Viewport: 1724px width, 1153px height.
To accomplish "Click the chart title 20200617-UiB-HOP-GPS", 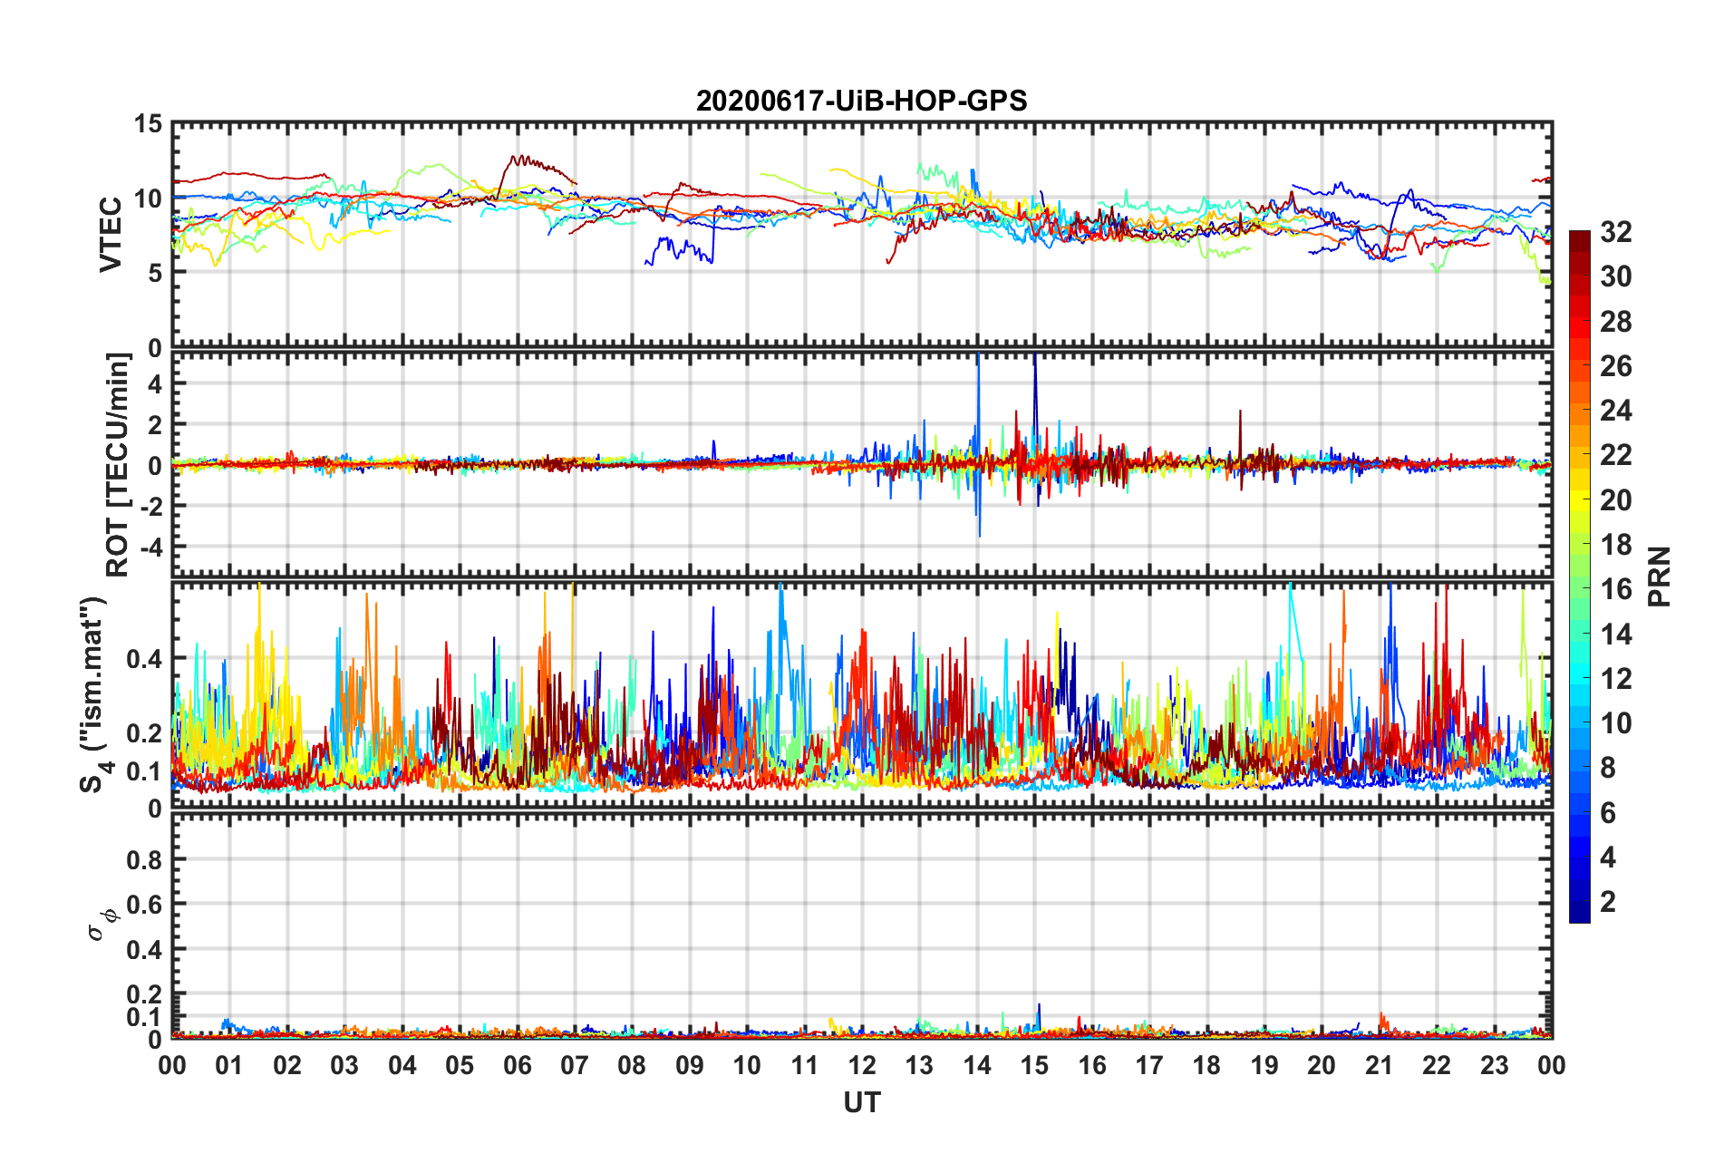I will [x=861, y=101].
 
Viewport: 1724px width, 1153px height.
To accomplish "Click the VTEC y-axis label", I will [x=111, y=234].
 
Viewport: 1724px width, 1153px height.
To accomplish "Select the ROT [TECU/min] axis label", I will [x=118, y=465].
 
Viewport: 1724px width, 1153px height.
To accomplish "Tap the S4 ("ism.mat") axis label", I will [x=93, y=694].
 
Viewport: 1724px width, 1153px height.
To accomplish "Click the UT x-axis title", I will [x=861, y=1102].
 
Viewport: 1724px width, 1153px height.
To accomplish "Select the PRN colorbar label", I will [x=1659, y=576].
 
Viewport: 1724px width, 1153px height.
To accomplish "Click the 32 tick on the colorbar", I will [x=1615, y=233].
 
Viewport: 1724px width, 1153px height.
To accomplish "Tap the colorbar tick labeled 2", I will [x=1608, y=902].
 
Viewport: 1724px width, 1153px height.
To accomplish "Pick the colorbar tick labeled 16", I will [x=1615, y=590].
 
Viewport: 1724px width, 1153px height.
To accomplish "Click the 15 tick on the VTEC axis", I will [x=148, y=124].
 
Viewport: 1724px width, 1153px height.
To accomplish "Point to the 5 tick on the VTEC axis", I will [x=155, y=273].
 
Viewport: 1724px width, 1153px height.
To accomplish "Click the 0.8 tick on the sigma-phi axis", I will [x=145, y=859].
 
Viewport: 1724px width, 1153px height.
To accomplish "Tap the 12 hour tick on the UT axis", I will [x=862, y=1065].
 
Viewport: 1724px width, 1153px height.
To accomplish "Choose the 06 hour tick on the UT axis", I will [x=518, y=1065].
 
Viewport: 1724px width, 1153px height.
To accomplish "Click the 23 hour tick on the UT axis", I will [x=1494, y=1065].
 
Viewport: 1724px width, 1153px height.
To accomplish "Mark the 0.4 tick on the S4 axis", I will [x=145, y=659].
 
